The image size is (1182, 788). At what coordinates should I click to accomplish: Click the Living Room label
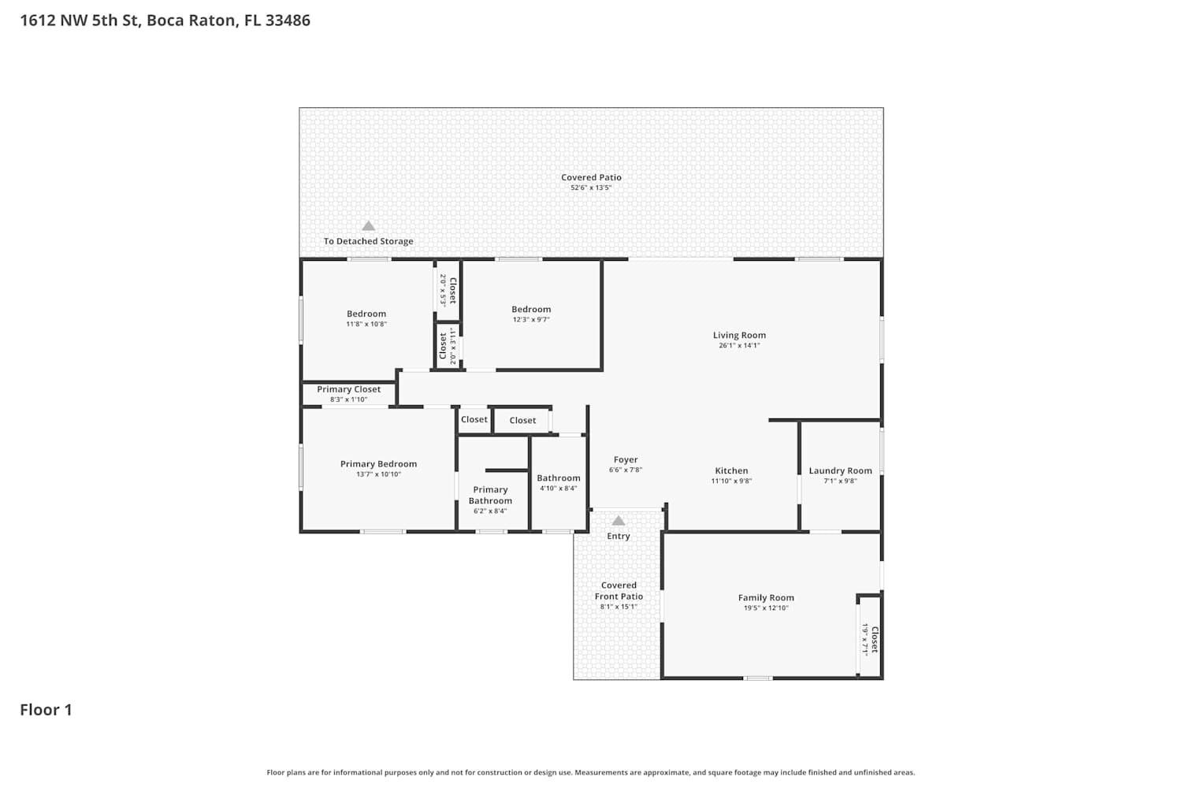tap(739, 335)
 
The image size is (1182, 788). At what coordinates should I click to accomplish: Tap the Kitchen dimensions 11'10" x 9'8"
tap(731, 481)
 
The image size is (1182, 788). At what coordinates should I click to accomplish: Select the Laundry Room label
tap(840, 470)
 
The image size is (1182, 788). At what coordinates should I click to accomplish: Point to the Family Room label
tap(766, 597)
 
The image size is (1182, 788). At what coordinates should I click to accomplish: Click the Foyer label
tap(626, 459)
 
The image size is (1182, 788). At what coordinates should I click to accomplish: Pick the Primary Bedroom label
tap(378, 464)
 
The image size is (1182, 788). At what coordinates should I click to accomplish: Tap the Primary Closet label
tap(348, 389)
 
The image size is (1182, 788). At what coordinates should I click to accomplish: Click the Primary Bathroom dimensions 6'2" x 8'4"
tap(490, 511)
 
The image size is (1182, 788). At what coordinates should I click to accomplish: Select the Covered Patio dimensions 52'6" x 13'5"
tap(590, 188)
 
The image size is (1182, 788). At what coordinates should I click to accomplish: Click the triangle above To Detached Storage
tap(368, 226)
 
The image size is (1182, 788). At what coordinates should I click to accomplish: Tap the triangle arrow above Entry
tap(619, 521)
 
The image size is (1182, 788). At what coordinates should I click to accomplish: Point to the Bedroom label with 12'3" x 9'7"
tap(531, 309)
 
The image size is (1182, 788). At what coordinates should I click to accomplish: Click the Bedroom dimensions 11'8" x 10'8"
tap(366, 324)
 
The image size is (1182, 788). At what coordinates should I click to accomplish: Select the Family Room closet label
tap(875, 640)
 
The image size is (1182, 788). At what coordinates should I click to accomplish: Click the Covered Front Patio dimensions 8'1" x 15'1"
tap(619, 607)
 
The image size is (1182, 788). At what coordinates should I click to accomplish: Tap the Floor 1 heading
tap(46, 709)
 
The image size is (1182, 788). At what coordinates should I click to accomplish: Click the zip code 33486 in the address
tap(288, 20)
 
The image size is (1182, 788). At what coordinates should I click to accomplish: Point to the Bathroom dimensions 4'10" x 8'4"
tap(558, 489)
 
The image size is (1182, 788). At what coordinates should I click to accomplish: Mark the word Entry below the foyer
tap(619, 536)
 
